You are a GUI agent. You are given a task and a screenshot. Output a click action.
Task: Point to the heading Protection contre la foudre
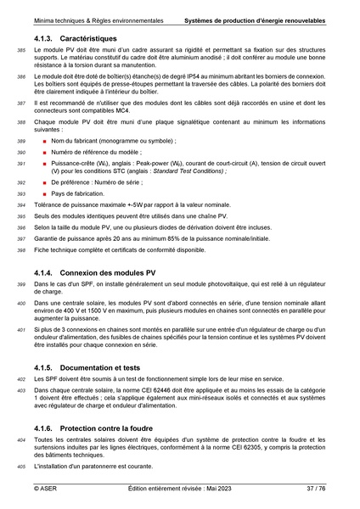coord(96,428)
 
